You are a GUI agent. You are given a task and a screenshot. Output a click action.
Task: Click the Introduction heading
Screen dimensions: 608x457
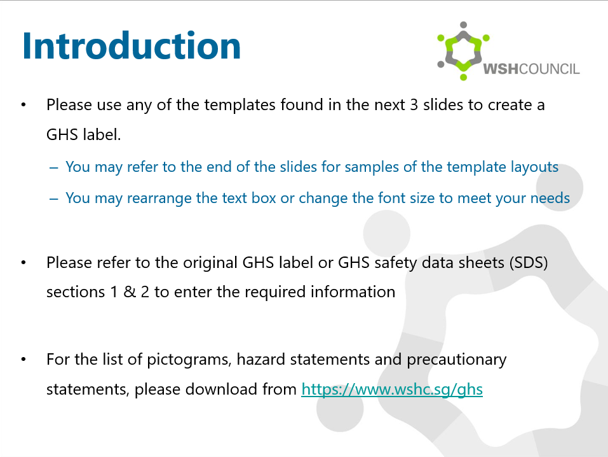pyautogui.click(x=132, y=46)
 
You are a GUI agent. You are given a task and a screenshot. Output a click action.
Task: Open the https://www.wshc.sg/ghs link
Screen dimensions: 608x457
pyautogui.click(x=392, y=390)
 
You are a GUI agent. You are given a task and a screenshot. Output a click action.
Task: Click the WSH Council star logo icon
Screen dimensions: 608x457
pyautogui.click(x=463, y=51)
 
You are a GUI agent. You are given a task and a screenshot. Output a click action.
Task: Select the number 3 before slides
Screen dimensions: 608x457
pyautogui.click(x=414, y=105)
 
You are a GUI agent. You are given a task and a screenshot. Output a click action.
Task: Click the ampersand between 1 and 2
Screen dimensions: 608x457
pyautogui.click(x=130, y=292)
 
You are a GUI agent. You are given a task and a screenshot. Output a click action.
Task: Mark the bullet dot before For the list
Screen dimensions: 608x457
pyautogui.click(x=24, y=360)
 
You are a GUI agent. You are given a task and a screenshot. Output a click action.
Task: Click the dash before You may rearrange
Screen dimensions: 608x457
pyautogui.click(x=54, y=199)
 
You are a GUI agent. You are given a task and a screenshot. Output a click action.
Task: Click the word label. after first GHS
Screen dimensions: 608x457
pyautogui.click(x=102, y=135)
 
